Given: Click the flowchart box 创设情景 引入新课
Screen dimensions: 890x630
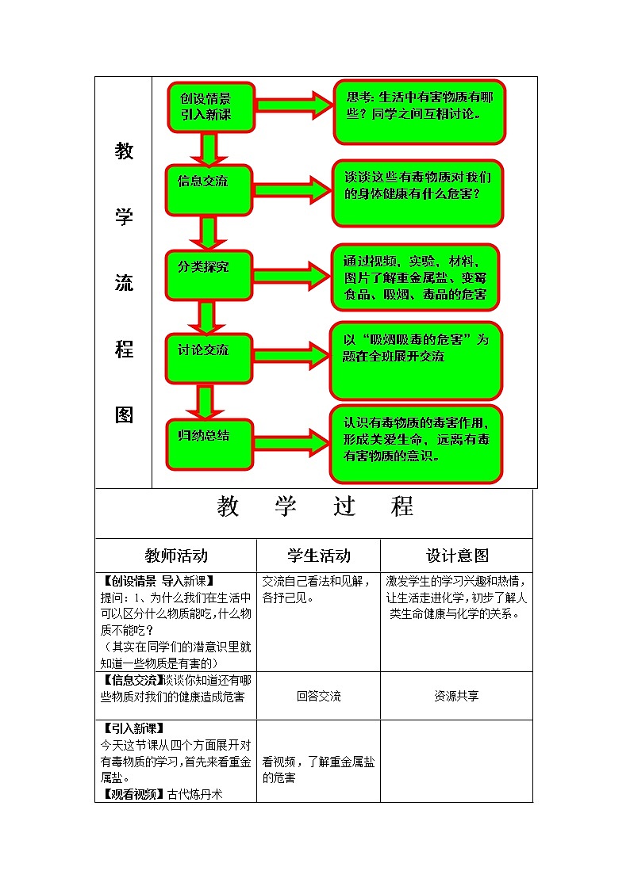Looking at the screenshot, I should pos(210,107).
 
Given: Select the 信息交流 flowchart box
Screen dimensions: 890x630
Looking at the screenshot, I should pos(209,189).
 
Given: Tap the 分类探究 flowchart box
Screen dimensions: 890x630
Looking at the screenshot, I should pos(209,274).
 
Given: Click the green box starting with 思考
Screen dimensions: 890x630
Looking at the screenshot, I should pos(419,112).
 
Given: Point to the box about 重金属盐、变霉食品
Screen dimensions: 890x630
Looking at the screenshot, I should pos(415,277).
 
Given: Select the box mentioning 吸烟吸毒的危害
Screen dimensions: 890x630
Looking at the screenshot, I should pos(416,360).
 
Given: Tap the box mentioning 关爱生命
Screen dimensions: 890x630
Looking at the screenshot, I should pos(416,444).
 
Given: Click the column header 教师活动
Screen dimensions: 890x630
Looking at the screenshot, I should pos(176,555).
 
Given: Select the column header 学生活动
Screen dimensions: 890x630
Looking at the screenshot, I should pos(318,555).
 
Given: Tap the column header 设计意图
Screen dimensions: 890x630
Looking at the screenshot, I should pos(457,555).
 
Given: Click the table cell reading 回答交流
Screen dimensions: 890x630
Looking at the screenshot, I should pos(318,696).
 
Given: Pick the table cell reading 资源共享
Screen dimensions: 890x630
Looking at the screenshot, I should pos(456,696).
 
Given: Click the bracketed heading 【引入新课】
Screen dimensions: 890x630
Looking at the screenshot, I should pos(133,728).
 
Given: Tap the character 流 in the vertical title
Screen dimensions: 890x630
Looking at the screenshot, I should pos(124,283).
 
